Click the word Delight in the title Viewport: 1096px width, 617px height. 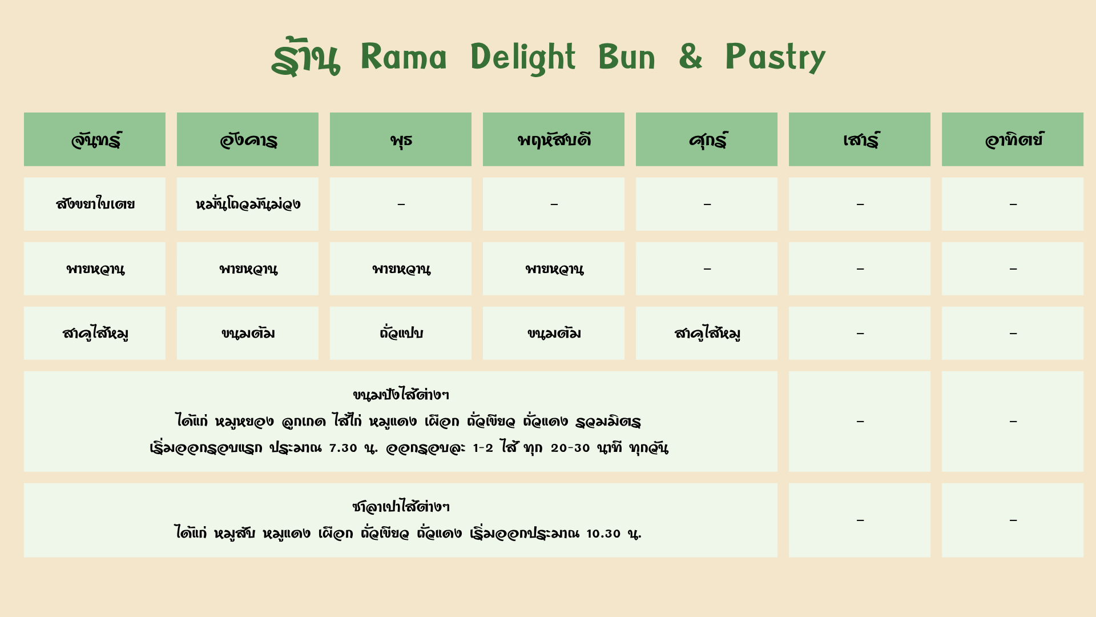pyautogui.click(x=523, y=58)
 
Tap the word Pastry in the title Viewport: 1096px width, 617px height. pyautogui.click(x=775, y=58)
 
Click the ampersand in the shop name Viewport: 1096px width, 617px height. pyautogui.click(x=690, y=57)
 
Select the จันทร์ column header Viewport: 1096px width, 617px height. pyautogui.click(x=95, y=139)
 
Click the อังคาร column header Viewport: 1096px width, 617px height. pyautogui.click(x=248, y=139)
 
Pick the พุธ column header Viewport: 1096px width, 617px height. pyautogui.click(x=401, y=139)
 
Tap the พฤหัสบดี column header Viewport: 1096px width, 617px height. pyautogui.click(x=554, y=139)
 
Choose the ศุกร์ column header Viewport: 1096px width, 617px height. pyautogui.click(x=707, y=139)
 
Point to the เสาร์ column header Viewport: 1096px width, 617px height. pyautogui.click(x=860, y=139)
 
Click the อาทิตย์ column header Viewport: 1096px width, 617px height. pyautogui.click(x=1013, y=139)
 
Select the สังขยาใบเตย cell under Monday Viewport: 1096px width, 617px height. pyautogui.click(x=95, y=204)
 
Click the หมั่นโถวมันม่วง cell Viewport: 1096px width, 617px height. pyautogui.click(x=248, y=204)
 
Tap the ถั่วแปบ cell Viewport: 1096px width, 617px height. pyautogui.click(x=401, y=333)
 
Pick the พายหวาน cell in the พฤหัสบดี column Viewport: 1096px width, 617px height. pyautogui.click(x=554, y=269)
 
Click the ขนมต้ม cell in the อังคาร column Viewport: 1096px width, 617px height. pyautogui.click(x=248, y=333)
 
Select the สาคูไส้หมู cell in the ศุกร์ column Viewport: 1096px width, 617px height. pyautogui.click(x=707, y=333)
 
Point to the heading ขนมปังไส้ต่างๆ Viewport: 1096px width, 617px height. pyautogui.click(x=401, y=394)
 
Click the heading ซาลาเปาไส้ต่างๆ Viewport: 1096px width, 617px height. pyautogui.click(x=401, y=506)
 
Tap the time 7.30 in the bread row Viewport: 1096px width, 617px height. pyautogui.click(x=343, y=448)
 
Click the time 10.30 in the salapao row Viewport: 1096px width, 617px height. pyautogui.click(x=603, y=534)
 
